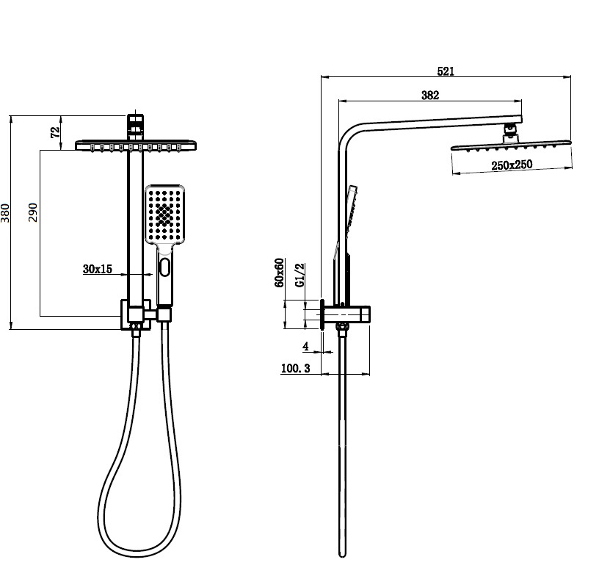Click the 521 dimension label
(x=446, y=71)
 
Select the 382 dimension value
(x=430, y=95)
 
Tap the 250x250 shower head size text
(x=512, y=165)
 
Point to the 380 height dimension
(x=7, y=213)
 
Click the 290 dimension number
(x=32, y=212)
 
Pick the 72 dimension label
(x=55, y=132)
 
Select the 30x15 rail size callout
(x=97, y=270)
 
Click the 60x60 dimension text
(x=280, y=273)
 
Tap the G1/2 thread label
(x=299, y=276)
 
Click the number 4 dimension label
(x=304, y=345)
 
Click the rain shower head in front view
(x=137, y=145)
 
